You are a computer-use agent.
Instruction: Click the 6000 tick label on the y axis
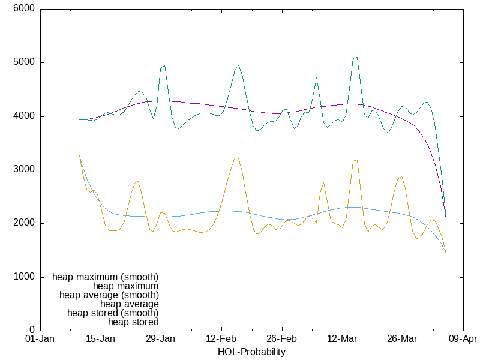23,9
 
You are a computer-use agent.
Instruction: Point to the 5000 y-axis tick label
23,62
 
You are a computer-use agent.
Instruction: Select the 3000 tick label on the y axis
23,170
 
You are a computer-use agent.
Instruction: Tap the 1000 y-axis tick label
23,277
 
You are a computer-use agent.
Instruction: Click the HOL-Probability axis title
251,352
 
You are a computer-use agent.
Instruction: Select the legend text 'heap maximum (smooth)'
106,277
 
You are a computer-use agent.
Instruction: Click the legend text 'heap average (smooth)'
109,295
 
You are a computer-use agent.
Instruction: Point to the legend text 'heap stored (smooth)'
113,313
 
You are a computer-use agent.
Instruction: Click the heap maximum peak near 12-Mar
356,58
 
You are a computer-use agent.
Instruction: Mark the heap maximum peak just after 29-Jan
164,65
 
